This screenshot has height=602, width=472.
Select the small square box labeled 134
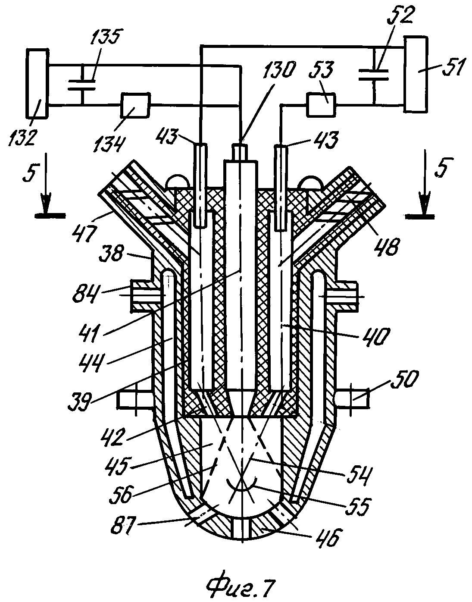click(135, 105)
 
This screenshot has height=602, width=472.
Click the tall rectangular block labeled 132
click(37, 84)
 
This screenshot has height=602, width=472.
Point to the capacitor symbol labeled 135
click(82, 85)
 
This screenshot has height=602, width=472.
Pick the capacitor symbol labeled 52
click(373, 75)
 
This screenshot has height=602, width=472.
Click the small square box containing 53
click(321, 104)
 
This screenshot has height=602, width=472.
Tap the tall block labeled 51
click(416, 74)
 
